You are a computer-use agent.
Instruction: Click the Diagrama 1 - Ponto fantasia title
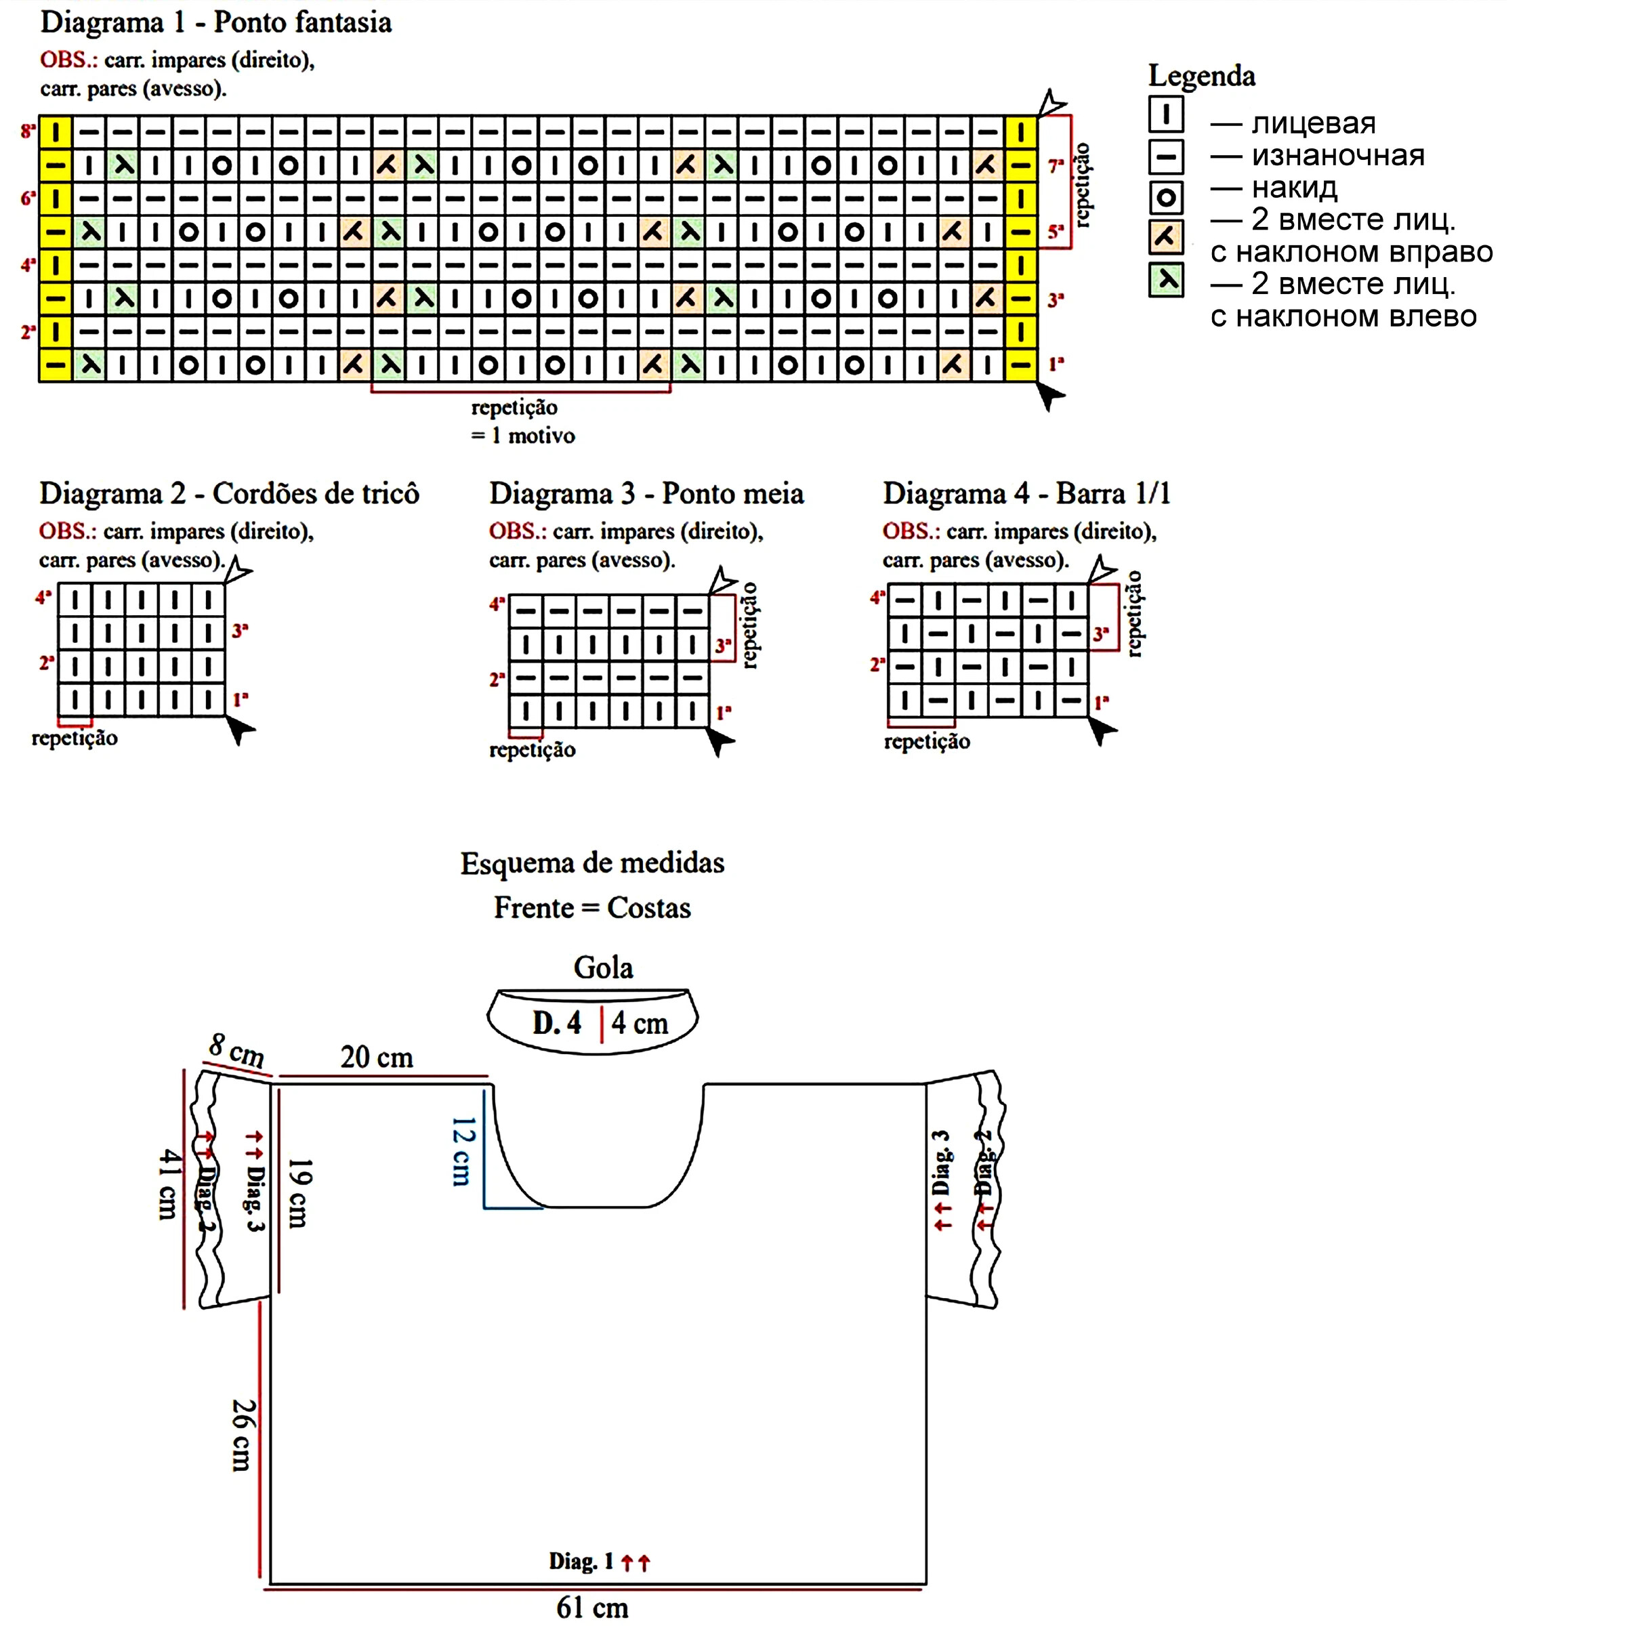[x=215, y=23]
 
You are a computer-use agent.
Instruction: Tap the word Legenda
[x=1201, y=76]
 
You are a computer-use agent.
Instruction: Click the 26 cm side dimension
[x=242, y=1435]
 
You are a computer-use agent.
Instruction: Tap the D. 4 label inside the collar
[x=556, y=1022]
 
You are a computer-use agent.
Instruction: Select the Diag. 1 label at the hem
[x=581, y=1561]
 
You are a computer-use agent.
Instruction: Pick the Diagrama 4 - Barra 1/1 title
[x=1026, y=493]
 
